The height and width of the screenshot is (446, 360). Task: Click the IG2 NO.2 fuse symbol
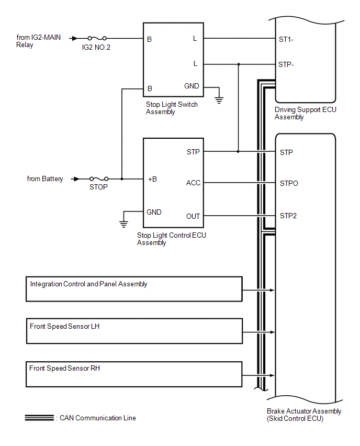[x=97, y=38]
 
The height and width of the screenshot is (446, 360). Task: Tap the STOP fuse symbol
[x=99, y=179]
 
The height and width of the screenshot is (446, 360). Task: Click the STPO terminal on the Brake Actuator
[x=289, y=184]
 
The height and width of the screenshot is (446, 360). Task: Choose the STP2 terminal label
[x=288, y=215]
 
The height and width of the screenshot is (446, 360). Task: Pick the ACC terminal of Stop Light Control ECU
[x=193, y=183]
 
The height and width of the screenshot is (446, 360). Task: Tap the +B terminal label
[x=152, y=179]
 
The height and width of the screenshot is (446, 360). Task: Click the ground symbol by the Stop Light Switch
[x=220, y=98]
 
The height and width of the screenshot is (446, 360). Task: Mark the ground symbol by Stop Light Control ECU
[x=123, y=224]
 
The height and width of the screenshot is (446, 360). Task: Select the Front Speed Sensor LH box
[x=134, y=330]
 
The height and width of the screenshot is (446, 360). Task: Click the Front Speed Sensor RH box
[x=134, y=374]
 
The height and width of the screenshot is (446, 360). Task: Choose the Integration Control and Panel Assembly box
[x=134, y=288]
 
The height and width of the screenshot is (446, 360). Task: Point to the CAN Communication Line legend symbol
[x=39, y=418]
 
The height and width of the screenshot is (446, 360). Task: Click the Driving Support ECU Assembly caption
[x=305, y=114]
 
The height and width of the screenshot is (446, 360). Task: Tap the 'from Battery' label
[x=45, y=179]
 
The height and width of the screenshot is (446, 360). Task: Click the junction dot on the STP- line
[x=239, y=64]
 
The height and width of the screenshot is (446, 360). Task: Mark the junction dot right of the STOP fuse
[x=121, y=179]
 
